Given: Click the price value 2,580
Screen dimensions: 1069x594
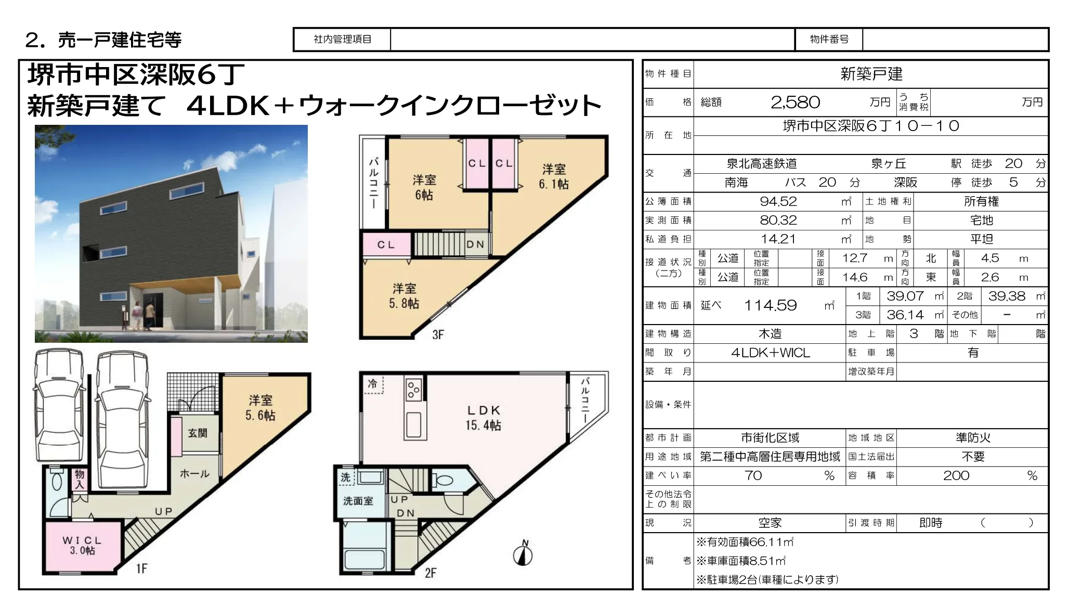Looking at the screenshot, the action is point(795,102).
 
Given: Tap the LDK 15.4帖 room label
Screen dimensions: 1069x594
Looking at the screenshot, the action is point(483,418).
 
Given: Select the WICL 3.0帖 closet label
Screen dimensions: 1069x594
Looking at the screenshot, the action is point(82,545).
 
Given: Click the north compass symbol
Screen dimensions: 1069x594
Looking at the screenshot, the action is point(523,554).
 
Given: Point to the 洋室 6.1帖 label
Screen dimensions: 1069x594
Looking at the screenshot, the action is point(554,176).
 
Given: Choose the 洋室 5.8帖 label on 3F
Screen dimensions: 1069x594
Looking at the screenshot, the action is point(404,296).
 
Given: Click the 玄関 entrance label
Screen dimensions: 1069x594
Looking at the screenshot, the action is point(198,433).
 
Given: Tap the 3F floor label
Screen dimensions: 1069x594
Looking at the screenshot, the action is point(438,334).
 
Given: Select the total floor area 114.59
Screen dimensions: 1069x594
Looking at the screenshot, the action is point(770,305).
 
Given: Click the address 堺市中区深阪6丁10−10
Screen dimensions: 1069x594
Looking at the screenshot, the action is point(871,126).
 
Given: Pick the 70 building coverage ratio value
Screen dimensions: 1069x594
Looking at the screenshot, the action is point(753,475).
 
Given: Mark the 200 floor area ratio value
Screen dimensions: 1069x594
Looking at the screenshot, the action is point(956,475).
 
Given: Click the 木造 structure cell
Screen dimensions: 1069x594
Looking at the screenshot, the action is point(770,333).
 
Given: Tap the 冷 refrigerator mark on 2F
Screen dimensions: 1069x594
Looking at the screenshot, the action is point(372,384).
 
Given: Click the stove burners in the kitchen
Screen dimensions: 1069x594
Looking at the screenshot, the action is point(414,390).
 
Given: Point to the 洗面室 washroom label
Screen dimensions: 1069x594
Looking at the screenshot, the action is point(358,501).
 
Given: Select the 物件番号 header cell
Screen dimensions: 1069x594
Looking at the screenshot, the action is point(829,39).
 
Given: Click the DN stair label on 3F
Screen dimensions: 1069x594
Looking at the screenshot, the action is point(475,244).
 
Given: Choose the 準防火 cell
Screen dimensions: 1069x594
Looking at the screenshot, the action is point(973,438).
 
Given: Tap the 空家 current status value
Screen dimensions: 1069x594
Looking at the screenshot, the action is point(770,523).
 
